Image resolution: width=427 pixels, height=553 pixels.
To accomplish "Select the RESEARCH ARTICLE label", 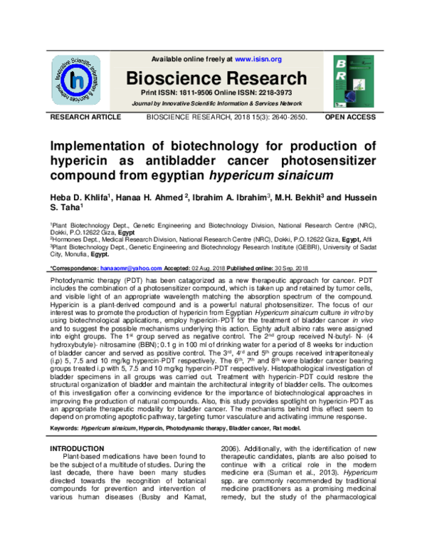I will (80, 115).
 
